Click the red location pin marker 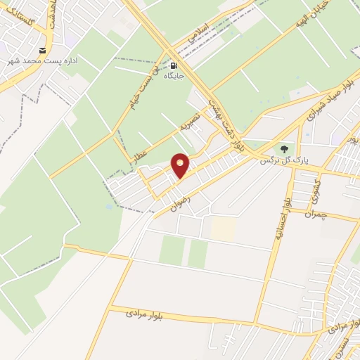pyautogui.click(x=181, y=165)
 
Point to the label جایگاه pyautogui.click(x=174, y=74)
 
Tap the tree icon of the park pyautogui.click(x=284, y=149)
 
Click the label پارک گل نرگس pyautogui.click(x=277, y=160)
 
